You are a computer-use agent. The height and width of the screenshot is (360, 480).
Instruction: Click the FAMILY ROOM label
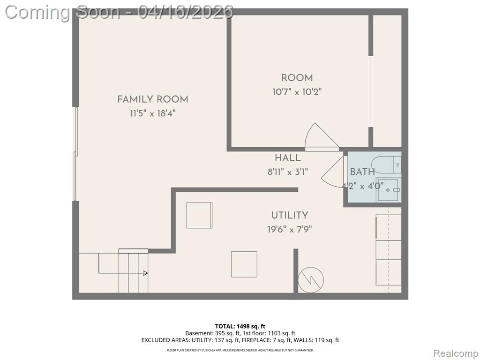[x=153, y=99]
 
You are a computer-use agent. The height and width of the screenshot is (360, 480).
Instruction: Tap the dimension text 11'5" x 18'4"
[x=153, y=113]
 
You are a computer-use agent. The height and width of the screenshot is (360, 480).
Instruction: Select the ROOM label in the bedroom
[x=297, y=78]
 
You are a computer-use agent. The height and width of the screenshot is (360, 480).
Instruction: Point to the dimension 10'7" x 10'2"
[x=297, y=92]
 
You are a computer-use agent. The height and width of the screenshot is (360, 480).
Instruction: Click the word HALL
[x=287, y=158]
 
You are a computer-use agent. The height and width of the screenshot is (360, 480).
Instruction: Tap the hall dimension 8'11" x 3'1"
[x=287, y=172]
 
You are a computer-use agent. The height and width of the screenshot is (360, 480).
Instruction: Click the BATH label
[x=362, y=172]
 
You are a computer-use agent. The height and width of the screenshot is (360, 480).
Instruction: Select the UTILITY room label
[x=290, y=215]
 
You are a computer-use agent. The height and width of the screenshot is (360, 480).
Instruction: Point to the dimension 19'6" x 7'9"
[x=290, y=229]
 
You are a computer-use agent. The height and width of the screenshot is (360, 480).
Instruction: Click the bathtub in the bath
[x=386, y=165]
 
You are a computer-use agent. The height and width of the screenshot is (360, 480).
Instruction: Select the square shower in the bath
[x=388, y=190]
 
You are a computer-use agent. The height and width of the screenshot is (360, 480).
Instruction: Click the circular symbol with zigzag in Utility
[x=311, y=279]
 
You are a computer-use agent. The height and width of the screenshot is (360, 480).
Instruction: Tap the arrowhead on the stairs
[x=146, y=273]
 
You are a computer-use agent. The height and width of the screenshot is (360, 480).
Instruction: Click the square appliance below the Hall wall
[x=199, y=215]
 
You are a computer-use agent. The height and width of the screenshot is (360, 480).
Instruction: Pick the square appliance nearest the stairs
[x=244, y=264]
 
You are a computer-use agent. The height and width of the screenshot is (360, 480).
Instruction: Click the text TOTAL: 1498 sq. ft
[x=240, y=326]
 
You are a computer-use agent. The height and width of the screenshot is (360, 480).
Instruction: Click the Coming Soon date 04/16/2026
[x=186, y=12]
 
